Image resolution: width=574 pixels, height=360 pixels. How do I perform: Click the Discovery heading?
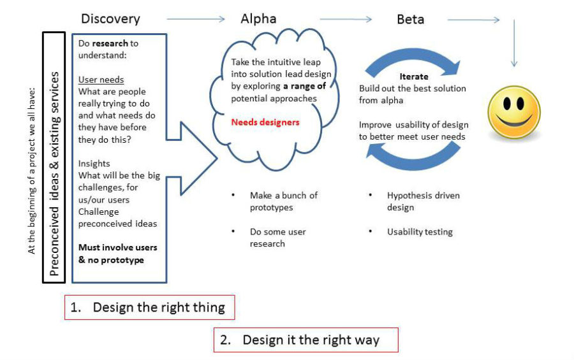[x=110, y=19]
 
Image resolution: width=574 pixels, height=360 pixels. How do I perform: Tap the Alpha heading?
[x=258, y=18]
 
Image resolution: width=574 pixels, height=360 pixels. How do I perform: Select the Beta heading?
[x=410, y=19]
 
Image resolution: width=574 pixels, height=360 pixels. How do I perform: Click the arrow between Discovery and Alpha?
[x=196, y=19]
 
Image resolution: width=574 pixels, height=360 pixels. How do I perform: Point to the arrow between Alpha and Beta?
[x=346, y=19]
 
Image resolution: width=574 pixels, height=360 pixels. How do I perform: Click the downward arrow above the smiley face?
[x=514, y=43]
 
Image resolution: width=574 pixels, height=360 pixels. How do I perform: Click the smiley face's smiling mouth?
[x=513, y=120]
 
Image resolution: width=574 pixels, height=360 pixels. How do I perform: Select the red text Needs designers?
[x=265, y=122]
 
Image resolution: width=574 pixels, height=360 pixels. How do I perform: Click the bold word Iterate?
[x=414, y=76]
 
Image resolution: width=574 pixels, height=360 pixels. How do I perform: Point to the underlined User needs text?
[x=101, y=80]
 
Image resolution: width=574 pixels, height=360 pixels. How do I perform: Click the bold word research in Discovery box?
[x=110, y=43]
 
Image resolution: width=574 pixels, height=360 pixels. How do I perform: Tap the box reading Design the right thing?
[x=150, y=307]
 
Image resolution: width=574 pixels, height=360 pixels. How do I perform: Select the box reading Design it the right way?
[x=306, y=340]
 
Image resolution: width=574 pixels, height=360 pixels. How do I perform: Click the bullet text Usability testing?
[x=420, y=232]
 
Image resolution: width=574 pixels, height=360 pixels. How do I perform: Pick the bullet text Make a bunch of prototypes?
[x=284, y=201]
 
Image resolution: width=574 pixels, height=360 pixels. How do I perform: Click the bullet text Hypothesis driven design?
[x=423, y=201]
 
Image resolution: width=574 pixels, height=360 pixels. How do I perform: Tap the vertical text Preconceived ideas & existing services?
[x=54, y=174]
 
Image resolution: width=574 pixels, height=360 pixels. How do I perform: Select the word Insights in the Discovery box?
[x=94, y=164]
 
